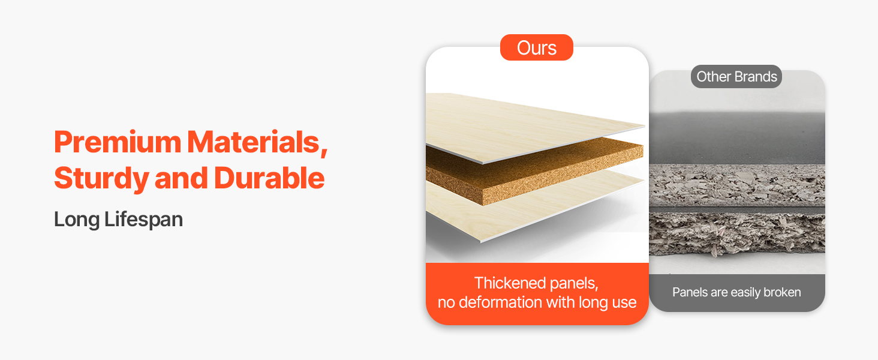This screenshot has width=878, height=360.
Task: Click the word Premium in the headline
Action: tap(118, 142)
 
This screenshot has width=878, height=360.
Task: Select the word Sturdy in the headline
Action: tap(101, 179)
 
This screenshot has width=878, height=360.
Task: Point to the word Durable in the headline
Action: tap(270, 178)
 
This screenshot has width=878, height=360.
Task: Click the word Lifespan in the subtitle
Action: tap(144, 220)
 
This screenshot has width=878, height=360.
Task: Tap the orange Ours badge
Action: tap(537, 47)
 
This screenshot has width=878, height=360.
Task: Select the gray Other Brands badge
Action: tap(736, 76)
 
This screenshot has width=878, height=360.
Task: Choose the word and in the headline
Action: tap(182, 178)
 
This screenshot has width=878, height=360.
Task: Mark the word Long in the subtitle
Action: tap(77, 220)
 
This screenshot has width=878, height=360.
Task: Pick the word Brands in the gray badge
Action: tap(756, 76)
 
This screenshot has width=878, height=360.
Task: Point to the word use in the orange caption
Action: tap(624, 303)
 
